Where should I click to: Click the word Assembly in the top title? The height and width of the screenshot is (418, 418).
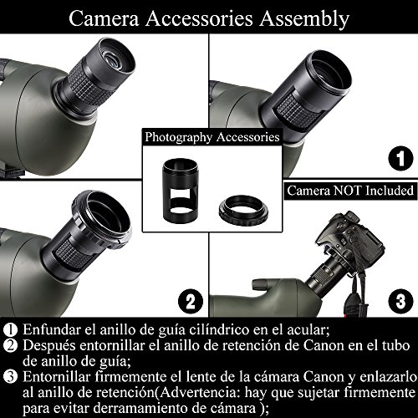click(x=304, y=19)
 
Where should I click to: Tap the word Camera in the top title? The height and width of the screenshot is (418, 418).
click(x=104, y=18)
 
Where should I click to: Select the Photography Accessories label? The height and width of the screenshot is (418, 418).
click(x=212, y=137)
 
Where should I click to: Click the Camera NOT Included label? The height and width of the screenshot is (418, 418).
click(x=350, y=191)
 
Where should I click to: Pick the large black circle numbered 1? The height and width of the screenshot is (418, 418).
click(x=400, y=158)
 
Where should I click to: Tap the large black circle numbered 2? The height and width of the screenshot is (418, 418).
click(x=191, y=301)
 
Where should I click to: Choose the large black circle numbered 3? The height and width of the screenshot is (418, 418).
click(x=400, y=301)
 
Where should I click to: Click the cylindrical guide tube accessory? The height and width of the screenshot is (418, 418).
click(x=181, y=191)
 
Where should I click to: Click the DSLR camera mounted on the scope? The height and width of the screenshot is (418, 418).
click(x=349, y=242)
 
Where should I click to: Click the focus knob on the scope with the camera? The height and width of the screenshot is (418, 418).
click(x=260, y=286)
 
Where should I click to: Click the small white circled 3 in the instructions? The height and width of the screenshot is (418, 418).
click(x=10, y=377)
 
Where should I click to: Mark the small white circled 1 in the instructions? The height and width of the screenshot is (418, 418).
click(x=10, y=329)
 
